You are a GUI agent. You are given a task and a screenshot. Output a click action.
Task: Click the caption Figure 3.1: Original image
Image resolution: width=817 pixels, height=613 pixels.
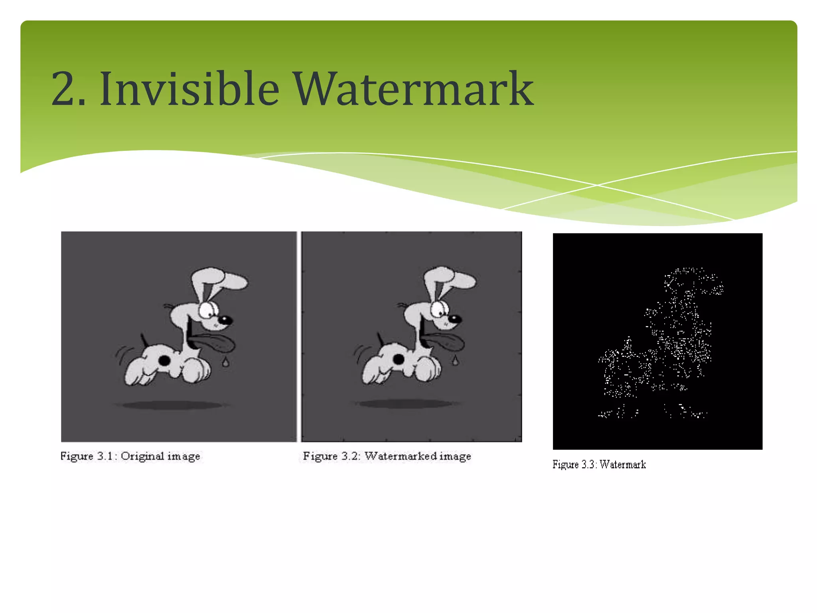tap(130, 456)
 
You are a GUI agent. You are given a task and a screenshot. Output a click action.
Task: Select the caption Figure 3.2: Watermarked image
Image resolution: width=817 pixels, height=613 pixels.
tap(387, 456)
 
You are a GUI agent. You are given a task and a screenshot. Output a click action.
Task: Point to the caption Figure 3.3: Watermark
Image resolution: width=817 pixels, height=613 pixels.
tap(599, 465)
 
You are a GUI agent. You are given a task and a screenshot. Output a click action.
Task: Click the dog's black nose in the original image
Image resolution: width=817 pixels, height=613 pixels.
tap(225, 320)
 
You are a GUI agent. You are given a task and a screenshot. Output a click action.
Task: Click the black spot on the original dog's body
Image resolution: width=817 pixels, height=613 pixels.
tap(164, 361)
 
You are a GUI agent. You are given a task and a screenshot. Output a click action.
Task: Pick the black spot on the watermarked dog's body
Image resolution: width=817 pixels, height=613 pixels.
tap(398, 359)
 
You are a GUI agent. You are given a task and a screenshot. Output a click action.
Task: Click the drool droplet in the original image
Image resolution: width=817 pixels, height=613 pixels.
tap(226, 362)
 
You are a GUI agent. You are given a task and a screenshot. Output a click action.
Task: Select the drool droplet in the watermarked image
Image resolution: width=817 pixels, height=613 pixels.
tap(455, 361)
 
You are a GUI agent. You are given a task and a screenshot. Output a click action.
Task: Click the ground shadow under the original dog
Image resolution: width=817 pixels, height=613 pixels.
tap(172, 405)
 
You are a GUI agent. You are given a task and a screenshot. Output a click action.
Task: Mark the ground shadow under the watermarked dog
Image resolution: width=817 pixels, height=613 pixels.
tap(405, 404)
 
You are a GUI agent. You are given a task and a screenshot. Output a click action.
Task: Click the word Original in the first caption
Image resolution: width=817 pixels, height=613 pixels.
tap(142, 456)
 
